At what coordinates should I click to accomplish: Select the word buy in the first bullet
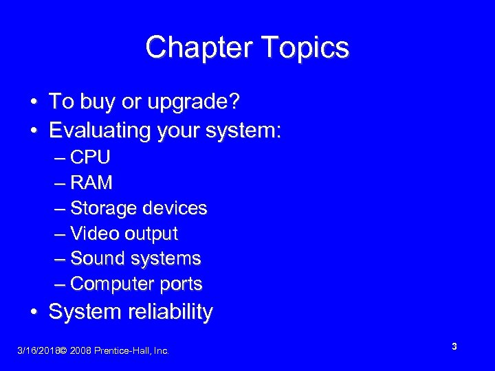tap(97, 102)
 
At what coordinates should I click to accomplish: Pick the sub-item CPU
tap(90, 157)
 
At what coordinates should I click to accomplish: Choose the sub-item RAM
tap(91, 183)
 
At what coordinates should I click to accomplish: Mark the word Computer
tap(112, 283)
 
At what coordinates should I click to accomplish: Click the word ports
tap(181, 283)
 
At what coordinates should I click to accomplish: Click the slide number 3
tap(454, 347)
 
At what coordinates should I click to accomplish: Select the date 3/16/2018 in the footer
tap(37, 351)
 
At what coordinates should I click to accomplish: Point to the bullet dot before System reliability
tap(34, 313)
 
